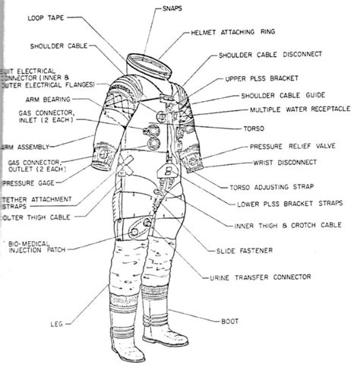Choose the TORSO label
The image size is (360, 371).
coord(248,129)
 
